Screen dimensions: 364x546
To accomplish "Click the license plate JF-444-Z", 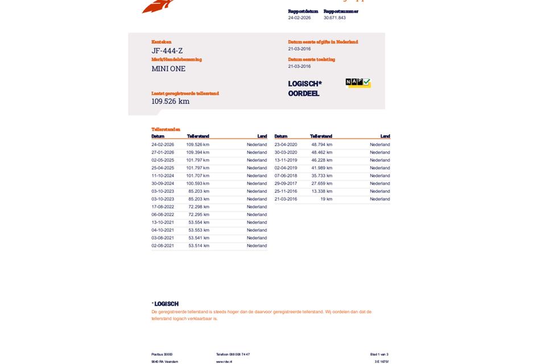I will point(167,51).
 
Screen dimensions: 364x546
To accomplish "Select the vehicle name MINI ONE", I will point(168,69).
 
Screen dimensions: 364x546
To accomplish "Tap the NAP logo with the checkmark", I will point(358,83).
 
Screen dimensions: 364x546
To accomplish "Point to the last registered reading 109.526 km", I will point(171,101).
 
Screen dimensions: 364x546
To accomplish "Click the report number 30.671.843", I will point(334,18).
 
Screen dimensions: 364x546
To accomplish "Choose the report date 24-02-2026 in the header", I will point(299,18).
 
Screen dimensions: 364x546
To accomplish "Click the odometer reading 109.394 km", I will point(197,152).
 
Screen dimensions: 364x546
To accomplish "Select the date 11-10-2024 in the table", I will point(163,176).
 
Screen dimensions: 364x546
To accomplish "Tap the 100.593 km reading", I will point(197,184).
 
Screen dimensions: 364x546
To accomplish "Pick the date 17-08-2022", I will point(163,207).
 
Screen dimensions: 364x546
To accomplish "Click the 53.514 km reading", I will point(198,246).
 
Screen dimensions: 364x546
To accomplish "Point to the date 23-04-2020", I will point(286,144).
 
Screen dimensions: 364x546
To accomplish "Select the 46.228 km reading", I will point(322,160).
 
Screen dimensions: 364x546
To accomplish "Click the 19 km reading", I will point(326,199).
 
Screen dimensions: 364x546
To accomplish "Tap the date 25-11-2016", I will point(286,192).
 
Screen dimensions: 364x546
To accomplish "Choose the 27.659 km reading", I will point(322,184).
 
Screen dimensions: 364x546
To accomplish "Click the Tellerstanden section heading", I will point(166,130).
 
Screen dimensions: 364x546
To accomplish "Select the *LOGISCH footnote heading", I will point(165,304).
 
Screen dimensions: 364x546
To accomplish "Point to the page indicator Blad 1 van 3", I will point(379,354).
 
